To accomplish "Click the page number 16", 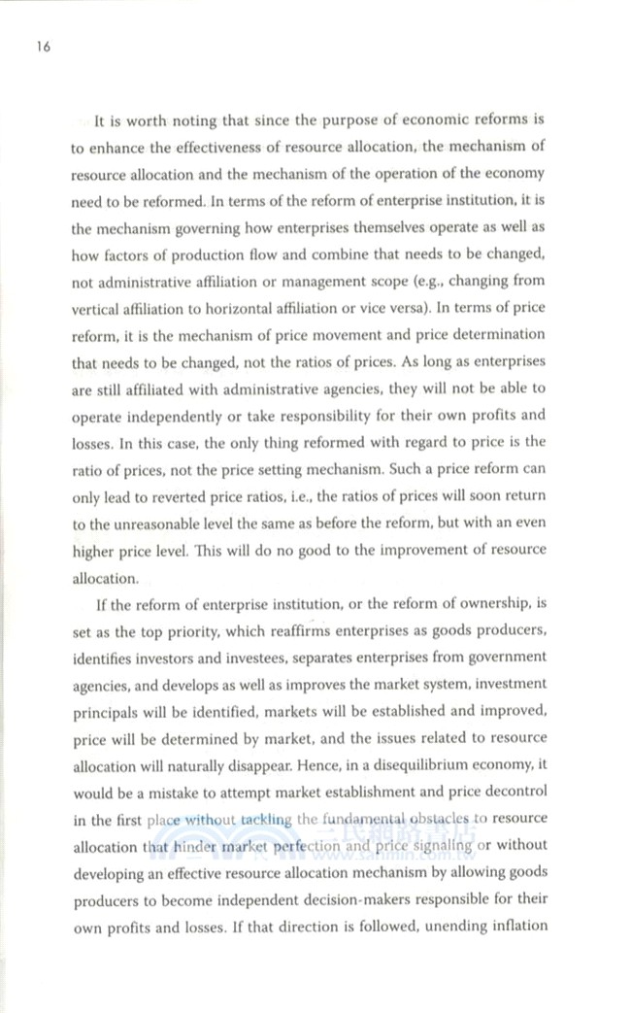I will coord(41,46).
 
